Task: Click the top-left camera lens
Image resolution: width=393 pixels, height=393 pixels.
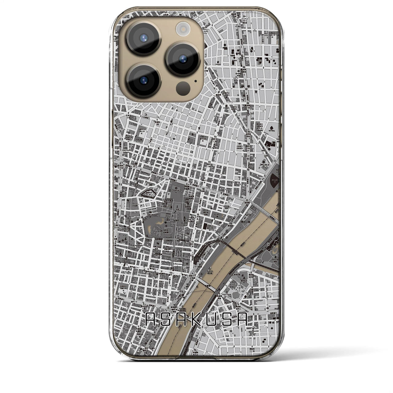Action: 143,38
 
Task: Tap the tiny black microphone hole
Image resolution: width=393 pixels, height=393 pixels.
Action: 196,82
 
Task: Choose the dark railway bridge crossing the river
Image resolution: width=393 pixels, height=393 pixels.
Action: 233,249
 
